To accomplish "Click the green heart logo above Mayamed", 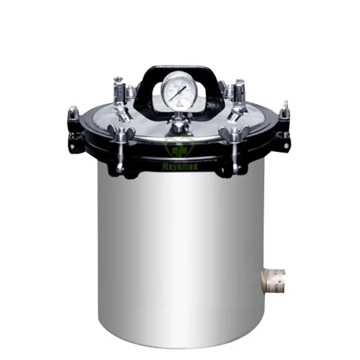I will click(180, 147).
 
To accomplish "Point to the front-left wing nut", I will click(120, 134).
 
